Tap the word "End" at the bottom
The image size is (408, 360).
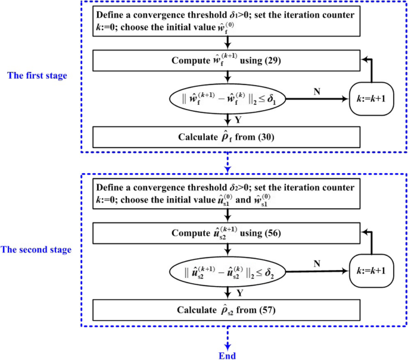[x=227, y=355]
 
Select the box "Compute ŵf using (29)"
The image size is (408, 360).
[x=226, y=61]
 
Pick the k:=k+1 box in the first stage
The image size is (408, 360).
[x=372, y=98]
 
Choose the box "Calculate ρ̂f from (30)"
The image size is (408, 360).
[x=226, y=136]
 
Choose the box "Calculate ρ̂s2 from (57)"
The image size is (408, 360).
[x=226, y=310]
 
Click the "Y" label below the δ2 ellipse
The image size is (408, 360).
[x=237, y=293]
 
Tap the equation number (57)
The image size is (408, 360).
[x=263, y=311]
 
